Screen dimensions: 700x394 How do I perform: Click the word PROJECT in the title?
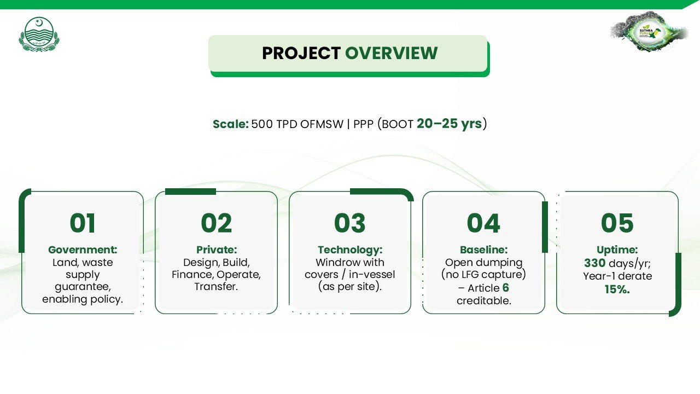pos(301,53)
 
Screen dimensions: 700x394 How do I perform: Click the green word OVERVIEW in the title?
pos(391,53)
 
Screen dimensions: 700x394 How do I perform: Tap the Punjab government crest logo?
pos(39,34)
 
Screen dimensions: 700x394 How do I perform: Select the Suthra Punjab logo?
pos(649,31)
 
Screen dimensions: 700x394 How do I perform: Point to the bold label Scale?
pos(231,124)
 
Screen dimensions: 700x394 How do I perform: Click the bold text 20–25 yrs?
pos(449,124)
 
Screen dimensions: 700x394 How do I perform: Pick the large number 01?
pos(83,223)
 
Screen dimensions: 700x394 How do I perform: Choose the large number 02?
pos(216,223)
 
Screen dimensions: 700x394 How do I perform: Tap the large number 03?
pos(349,223)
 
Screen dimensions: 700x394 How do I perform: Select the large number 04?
pos(483,223)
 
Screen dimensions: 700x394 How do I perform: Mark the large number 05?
pos(617,223)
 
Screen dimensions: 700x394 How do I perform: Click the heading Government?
pos(83,250)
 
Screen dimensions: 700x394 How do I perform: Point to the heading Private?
pos(217,250)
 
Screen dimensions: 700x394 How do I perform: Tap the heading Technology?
pos(350,250)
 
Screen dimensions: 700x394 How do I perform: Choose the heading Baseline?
pos(484,250)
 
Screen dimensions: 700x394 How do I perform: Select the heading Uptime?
pos(617,250)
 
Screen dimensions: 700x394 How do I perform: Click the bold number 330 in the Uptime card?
pos(594,263)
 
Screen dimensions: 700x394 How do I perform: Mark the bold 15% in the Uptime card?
pos(617,289)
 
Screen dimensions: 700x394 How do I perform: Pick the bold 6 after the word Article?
pos(506,288)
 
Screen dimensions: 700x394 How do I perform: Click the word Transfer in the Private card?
pos(215,286)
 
